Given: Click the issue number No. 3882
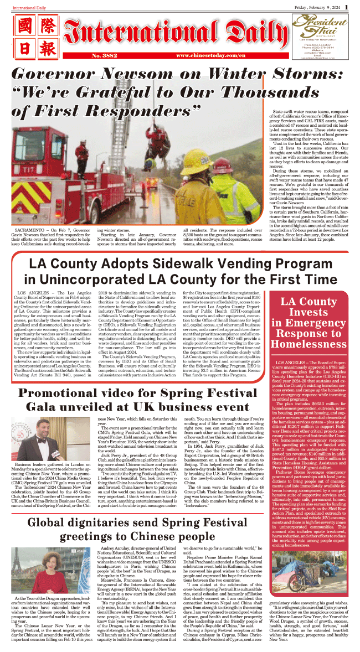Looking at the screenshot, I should (89, 56).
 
